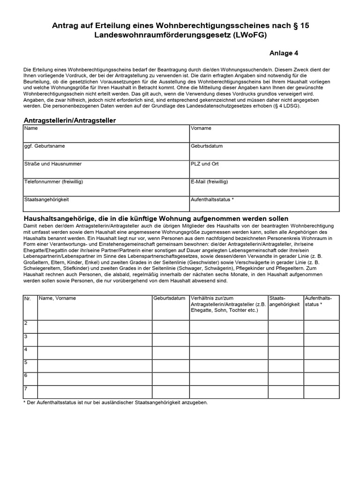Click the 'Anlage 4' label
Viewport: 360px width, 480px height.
tap(285, 53)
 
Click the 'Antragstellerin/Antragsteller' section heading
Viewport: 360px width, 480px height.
tap(70, 120)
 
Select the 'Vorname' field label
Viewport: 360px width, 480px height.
tap(201, 128)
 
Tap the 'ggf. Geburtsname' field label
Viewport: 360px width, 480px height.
tap(45, 146)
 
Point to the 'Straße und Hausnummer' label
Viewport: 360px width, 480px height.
tap(53, 164)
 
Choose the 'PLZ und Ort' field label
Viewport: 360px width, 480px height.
tap(205, 164)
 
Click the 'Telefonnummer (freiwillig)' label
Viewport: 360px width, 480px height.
tap(57, 181)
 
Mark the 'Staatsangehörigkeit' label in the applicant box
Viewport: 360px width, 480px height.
tap(47, 199)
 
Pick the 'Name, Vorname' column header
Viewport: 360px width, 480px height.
tap(58, 298)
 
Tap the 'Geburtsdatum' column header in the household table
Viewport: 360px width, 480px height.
tap(169, 298)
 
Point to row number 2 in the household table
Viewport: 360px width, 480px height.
tap(26, 323)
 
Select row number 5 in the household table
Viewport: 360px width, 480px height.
tap(26, 362)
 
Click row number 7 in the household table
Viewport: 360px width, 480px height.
tap(26, 389)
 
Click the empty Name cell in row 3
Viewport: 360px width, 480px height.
tap(95, 340)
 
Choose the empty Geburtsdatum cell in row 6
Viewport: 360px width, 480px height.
tap(170, 379)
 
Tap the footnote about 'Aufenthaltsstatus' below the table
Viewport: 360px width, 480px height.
tap(115, 403)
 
